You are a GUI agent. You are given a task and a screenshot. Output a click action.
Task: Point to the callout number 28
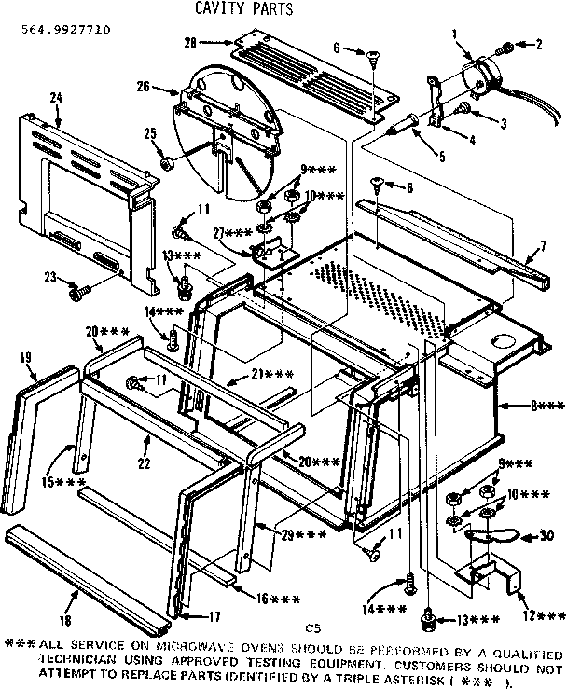tap(189, 43)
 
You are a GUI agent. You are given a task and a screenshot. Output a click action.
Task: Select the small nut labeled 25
tap(169, 165)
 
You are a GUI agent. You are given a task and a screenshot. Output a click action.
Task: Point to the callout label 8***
tap(523, 406)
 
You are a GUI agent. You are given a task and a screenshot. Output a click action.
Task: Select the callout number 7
tap(540, 248)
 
